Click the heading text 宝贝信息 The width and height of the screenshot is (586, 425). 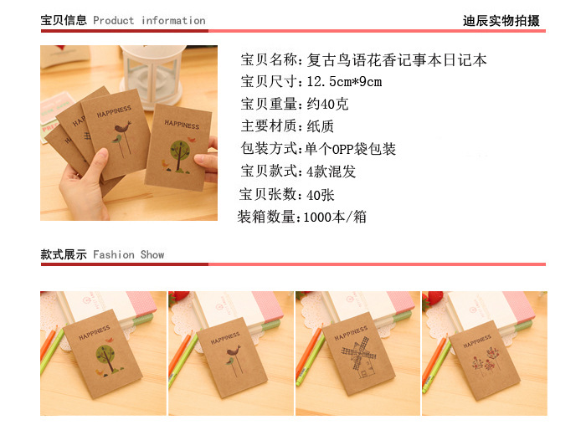pyautogui.click(x=64, y=20)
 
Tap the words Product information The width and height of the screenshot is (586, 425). pyautogui.click(x=149, y=21)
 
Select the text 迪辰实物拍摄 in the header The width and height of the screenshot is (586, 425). pyautogui.click(x=501, y=21)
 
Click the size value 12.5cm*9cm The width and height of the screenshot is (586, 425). pyautogui.click(x=344, y=81)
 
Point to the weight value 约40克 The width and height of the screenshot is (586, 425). pyautogui.click(x=327, y=104)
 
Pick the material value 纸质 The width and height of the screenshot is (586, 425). pyautogui.click(x=321, y=126)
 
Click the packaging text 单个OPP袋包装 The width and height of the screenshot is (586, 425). pyautogui.click(x=351, y=149)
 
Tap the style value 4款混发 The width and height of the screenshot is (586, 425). pyautogui.click(x=332, y=172)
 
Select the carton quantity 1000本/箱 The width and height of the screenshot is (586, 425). pyautogui.click(x=335, y=217)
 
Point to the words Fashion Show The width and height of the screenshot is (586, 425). pyautogui.click(x=129, y=254)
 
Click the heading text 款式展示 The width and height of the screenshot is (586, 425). pyautogui.click(x=64, y=254)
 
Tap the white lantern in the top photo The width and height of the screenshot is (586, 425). pyautogui.click(x=153, y=74)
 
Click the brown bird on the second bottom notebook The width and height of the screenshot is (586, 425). pyautogui.click(x=234, y=351)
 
